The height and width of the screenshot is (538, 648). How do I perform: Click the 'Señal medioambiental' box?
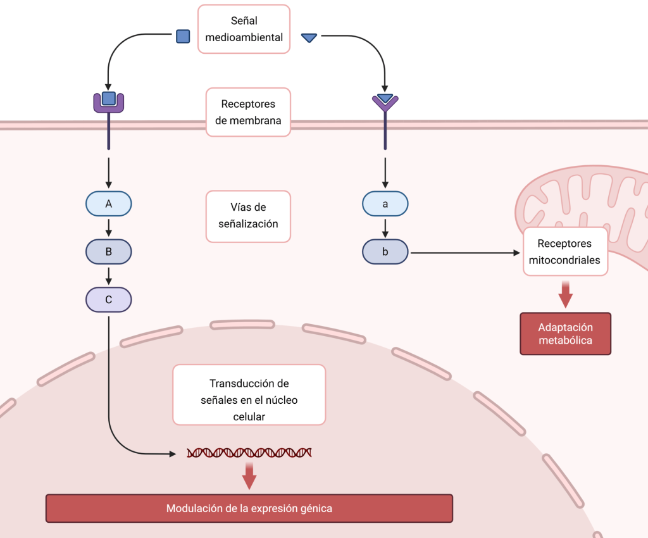(244, 29)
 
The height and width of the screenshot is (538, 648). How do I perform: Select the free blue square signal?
(183, 36)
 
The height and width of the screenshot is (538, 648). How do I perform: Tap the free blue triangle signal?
(309, 38)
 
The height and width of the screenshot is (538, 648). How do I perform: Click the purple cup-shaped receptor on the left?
(109, 101)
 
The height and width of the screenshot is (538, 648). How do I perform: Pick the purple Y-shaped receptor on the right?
(385, 102)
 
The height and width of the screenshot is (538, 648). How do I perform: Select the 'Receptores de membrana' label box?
(248, 112)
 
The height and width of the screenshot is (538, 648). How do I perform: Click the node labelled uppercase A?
(109, 204)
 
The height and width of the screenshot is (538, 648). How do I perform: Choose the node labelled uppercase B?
(109, 252)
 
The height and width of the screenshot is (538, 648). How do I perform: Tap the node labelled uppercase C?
(109, 299)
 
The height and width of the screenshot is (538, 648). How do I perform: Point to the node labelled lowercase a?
(385, 204)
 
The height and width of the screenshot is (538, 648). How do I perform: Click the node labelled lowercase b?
(385, 252)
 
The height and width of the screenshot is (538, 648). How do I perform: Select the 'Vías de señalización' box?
(248, 216)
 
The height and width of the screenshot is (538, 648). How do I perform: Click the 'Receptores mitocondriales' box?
(565, 251)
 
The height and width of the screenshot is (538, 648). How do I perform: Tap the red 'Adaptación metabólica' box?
(565, 334)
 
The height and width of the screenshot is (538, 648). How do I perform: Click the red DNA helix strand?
(249, 453)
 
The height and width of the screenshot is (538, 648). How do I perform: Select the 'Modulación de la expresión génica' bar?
(249, 508)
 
